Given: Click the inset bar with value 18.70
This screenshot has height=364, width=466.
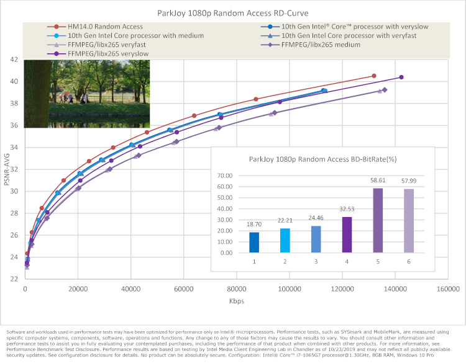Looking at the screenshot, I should (254, 242).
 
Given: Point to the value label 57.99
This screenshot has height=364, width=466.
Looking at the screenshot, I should (409, 182).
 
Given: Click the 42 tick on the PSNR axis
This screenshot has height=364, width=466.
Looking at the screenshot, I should (14, 60).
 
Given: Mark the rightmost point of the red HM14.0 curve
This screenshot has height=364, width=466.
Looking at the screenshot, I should (373, 76).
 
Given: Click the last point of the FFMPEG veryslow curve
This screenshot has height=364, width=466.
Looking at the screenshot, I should (401, 77).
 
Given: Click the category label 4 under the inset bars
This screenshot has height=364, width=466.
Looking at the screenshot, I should (347, 262).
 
